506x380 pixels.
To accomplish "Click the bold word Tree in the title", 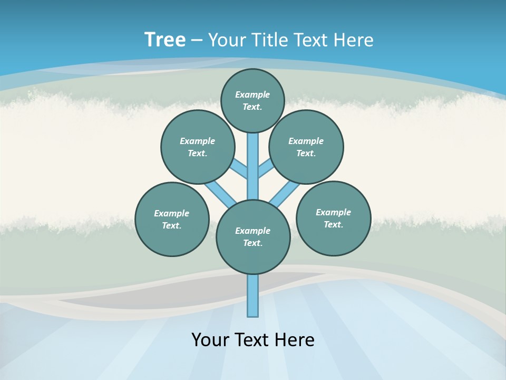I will pyautogui.click(x=165, y=40).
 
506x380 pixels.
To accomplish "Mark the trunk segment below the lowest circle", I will pyautogui.click(x=253, y=296).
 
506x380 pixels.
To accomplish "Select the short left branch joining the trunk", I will pyautogui.click(x=240, y=168).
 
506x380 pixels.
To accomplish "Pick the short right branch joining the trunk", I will pyautogui.click(x=265, y=168).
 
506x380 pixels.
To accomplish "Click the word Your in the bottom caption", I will pyautogui.click(x=210, y=340).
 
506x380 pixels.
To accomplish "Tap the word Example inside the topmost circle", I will pyautogui.click(x=252, y=94).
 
